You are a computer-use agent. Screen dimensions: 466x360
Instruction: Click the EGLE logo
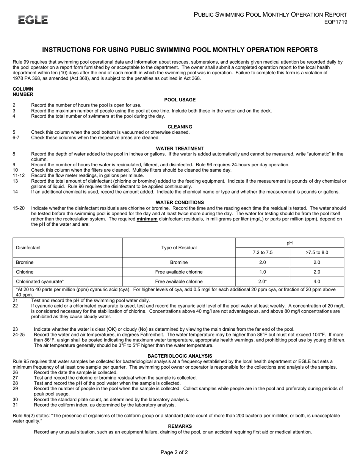tap(33, 20)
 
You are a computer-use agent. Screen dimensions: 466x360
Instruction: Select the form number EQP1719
tap(335, 22)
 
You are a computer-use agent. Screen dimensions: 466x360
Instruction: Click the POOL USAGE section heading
tap(180, 100)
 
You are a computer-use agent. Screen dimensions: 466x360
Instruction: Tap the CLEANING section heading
tap(180, 127)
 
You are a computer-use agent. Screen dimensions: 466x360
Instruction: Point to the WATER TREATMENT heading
tap(180, 149)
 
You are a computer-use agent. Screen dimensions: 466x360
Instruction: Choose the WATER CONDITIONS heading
tap(180, 203)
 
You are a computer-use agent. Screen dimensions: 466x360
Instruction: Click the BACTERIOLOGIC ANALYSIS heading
tap(180, 356)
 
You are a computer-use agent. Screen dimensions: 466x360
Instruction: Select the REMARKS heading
tap(180, 426)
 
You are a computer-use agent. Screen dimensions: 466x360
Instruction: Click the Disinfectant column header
tap(28, 248)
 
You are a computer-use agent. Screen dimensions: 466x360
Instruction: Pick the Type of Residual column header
tap(179, 248)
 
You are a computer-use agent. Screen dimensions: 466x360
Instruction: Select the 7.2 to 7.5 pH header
tap(262, 253)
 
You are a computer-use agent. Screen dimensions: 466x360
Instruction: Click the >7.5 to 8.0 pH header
tap(317, 253)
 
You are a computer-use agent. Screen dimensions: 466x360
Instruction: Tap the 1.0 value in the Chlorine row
tap(262, 272)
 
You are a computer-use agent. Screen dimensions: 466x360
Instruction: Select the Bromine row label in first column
tap(25, 262)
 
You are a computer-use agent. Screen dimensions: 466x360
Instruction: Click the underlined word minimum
tap(147, 219)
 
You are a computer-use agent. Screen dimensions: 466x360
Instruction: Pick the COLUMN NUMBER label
tap(23, 92)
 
